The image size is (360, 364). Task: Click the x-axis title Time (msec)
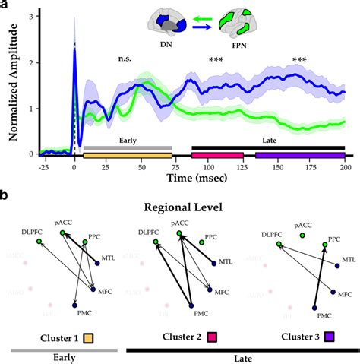pyautogui.click(x=201, y=179)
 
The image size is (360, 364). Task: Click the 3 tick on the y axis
pyautogui.click(x=31, y=15)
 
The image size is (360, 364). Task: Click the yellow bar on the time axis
pyautogui.click(x=128, y=155)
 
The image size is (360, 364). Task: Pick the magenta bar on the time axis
pyautogui.click(x=218, y=155)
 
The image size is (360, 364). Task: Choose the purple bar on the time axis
pyautogui.click(x=300, y=155)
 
